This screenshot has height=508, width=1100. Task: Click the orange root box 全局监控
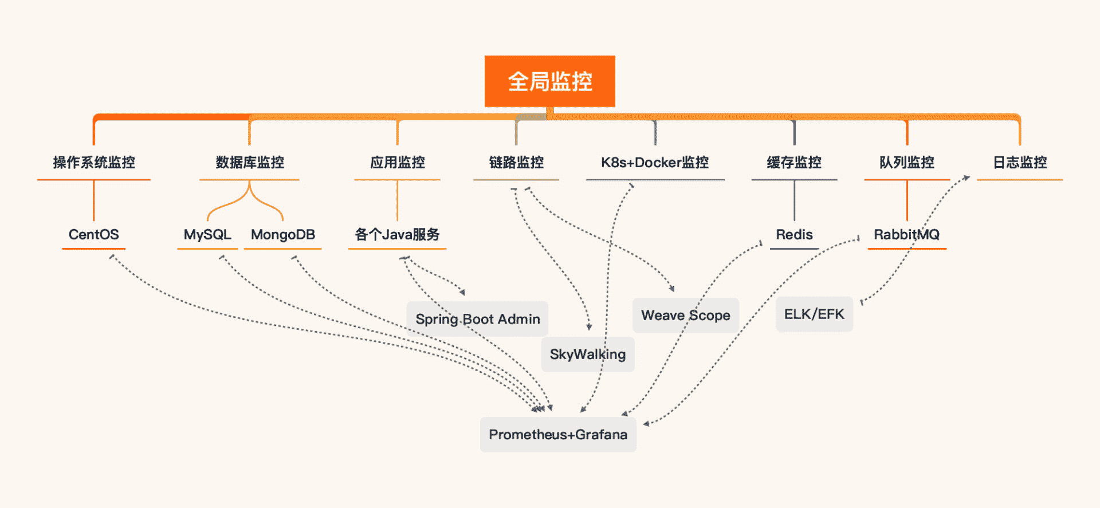(x=549, y=81)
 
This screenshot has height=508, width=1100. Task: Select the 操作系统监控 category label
(x=94, y=163)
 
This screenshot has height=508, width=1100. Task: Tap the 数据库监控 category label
(x=250, y=163)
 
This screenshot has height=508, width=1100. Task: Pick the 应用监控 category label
(x=397, y=163)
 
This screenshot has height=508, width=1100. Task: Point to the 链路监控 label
(x=516, y=163)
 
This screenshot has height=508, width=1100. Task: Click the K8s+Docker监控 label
(x=655, y=163)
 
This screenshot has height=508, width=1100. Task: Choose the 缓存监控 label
(x=794, y=163)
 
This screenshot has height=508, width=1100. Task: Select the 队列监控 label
(x=907, y=163)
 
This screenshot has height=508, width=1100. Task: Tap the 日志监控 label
(x=1020, y=163)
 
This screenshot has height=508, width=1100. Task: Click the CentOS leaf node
(x=94, y=235)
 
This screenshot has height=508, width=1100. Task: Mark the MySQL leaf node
(x=207, y=235)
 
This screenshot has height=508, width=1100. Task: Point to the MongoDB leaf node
(x=283, y=235)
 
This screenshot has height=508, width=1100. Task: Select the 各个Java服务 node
(x=397, y=235)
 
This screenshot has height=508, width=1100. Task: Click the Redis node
(x=794, y=235)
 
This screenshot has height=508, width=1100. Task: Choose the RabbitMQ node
(x=906, y=235)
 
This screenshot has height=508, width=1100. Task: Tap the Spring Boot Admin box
(x=477, y=319)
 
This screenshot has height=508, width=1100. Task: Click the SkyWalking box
(x=588, y=355)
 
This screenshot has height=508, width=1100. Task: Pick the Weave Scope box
(x=686, y=316)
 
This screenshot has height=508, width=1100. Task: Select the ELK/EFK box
(x=814, y=314)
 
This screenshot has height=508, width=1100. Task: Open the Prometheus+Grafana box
(x=558, y=435)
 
